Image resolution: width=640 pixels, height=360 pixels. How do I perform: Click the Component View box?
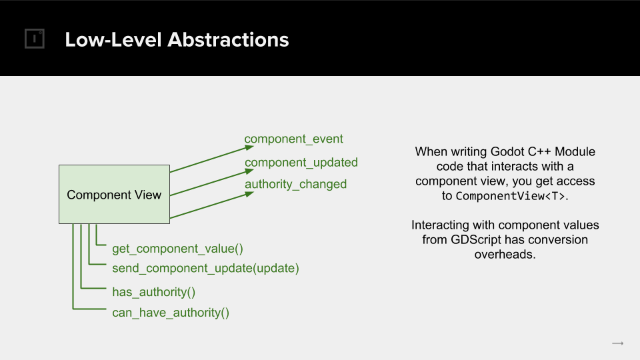tap(114, 194)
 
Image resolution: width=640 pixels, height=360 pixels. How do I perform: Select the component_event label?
tap(294, 139)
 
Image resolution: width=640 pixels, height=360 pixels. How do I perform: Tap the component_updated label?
tap(301, 163)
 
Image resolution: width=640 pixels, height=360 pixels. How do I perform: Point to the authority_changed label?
tap(295, 185)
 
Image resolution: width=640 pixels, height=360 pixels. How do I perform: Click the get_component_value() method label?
tap(177, 249)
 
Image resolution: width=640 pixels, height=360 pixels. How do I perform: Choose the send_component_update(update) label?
tap(206, 269)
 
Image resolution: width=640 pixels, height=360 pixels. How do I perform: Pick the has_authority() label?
tap(154, 292)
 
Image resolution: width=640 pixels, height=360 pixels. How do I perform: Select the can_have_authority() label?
tap(171, 313)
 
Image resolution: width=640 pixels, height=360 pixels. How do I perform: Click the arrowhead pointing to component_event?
tap(249, 147)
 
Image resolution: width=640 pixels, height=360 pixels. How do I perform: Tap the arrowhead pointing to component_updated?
tap(249, 171)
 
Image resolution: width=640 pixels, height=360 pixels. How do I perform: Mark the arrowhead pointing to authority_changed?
tap(249, 194)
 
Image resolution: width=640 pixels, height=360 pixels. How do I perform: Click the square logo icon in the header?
tap(34, 39)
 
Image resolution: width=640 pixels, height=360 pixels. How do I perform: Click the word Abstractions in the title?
tap(228, 39)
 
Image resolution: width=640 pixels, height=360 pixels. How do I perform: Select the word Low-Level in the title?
tap(113, 39)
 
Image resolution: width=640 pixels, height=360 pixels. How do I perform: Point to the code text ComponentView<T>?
tap(510, 196)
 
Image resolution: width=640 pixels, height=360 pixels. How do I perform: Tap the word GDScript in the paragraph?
tap(475, 239)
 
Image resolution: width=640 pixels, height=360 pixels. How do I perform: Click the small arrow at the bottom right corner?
tap(618, 344)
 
